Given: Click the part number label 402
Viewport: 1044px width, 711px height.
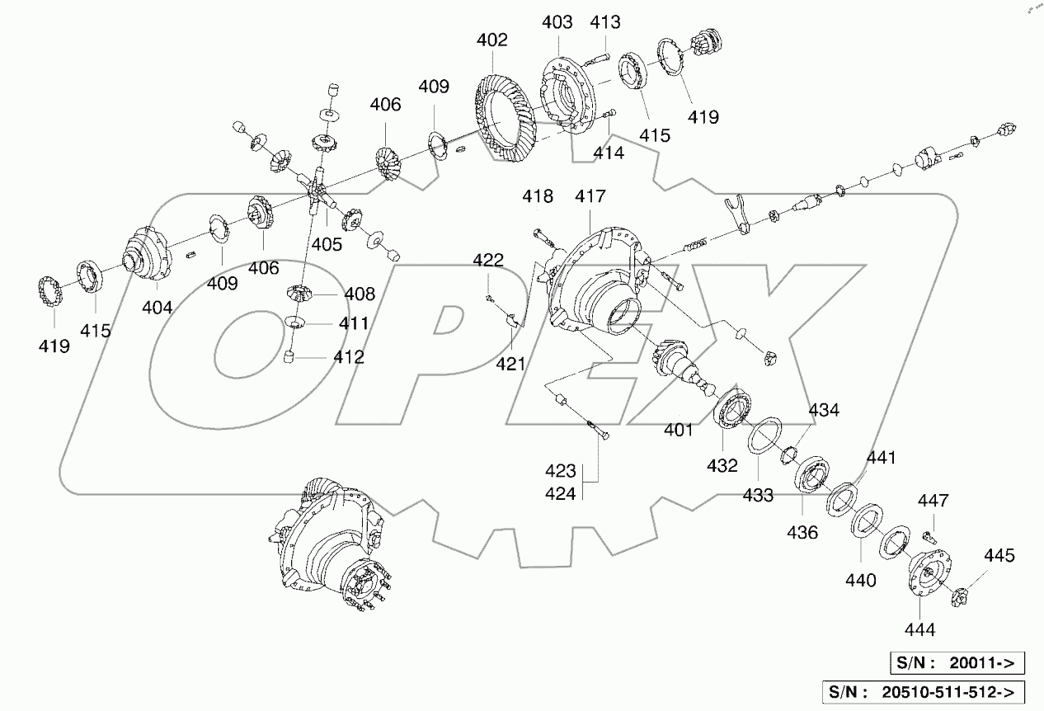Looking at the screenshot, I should [491, 40].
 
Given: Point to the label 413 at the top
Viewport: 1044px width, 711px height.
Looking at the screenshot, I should [605, 22].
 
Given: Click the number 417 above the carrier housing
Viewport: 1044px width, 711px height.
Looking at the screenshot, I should [590, 197].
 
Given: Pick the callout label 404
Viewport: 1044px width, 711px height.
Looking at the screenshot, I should [157, 308].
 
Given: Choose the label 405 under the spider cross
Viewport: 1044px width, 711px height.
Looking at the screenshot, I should [327, 243].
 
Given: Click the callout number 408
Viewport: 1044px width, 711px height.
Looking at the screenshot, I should [360, 294].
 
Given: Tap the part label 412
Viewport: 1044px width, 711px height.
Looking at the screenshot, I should [349, 357].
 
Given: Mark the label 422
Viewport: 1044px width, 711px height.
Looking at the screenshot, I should [488, 261].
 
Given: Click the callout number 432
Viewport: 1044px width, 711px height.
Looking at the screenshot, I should [722, 466].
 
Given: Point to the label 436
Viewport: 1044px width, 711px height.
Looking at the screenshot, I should [802, 533].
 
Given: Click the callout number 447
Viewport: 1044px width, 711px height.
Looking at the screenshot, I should [933, 501].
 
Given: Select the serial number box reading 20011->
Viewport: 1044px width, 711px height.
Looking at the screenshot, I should [957, 662].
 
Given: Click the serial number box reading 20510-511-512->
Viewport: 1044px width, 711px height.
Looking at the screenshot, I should [928, 691].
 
